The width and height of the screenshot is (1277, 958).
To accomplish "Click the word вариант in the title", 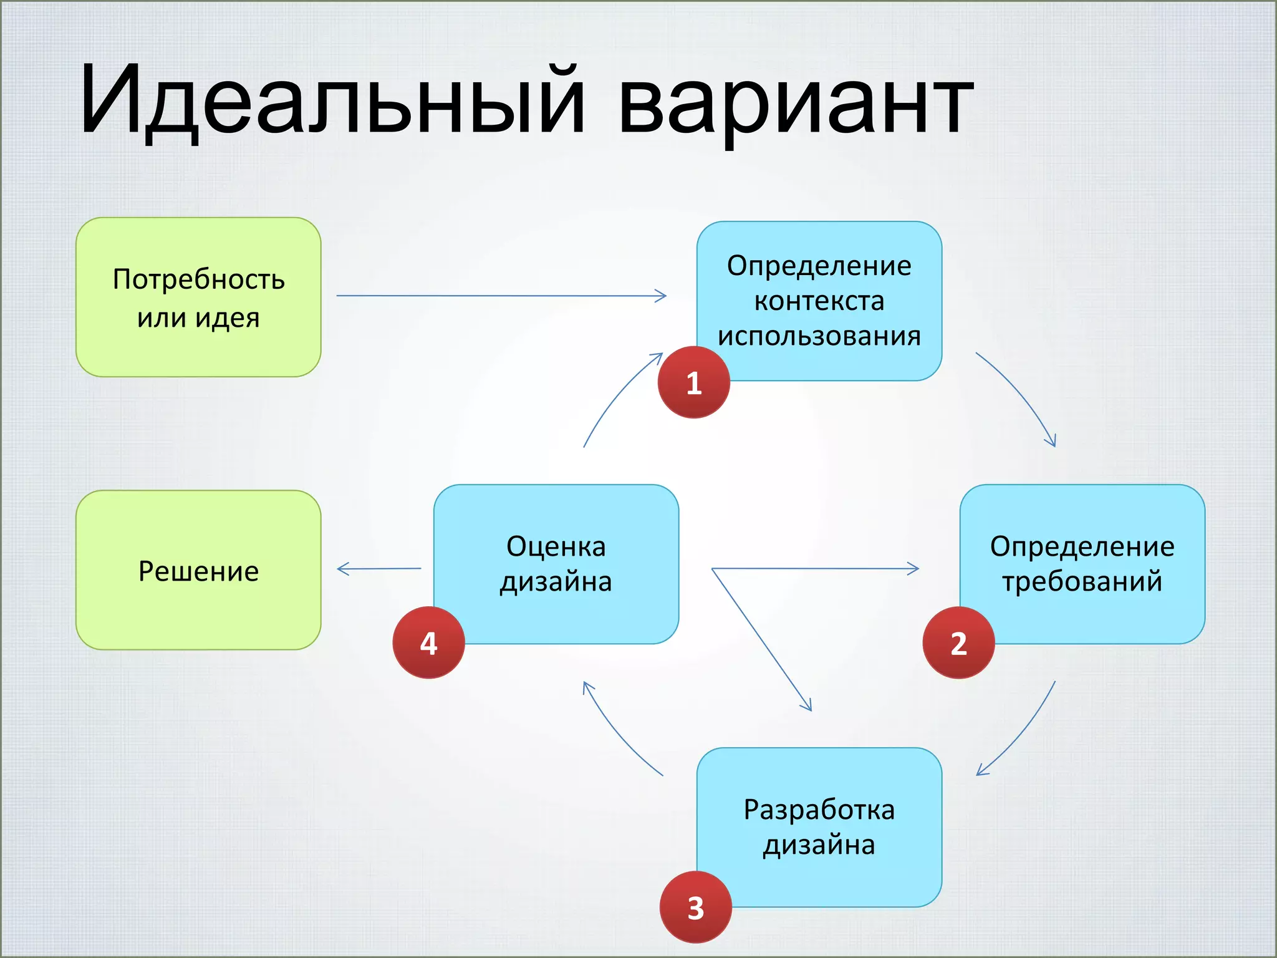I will [x=795, y=103].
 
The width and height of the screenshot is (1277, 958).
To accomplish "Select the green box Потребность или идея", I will [x=198, y=298].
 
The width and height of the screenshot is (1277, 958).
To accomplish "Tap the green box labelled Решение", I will [x=198, y=570].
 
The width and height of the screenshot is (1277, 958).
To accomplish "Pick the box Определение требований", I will [x=1082, y=563].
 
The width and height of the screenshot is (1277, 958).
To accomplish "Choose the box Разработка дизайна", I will [x=819, y=827].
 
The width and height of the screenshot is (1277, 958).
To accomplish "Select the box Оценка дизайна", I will [x=556, y=563].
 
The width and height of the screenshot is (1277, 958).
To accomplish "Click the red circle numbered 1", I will [x=693, y=382].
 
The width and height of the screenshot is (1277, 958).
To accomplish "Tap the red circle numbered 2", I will [x=958, y=643].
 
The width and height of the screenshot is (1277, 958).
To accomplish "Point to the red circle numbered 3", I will [x=695, y=907].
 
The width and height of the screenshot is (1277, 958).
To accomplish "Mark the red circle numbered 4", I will [x=428, y=643].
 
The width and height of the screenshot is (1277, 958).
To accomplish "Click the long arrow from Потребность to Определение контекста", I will [x=499, y=296].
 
